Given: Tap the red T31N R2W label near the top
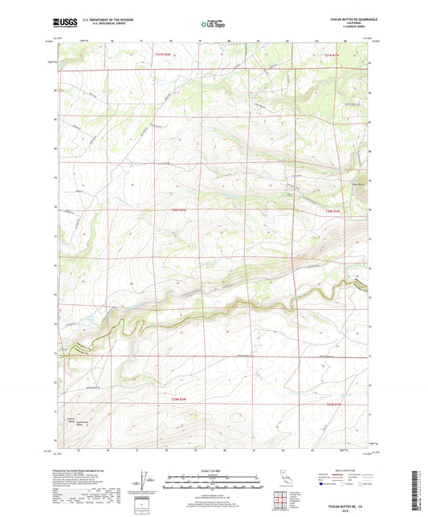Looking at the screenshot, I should tap(163, 55).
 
